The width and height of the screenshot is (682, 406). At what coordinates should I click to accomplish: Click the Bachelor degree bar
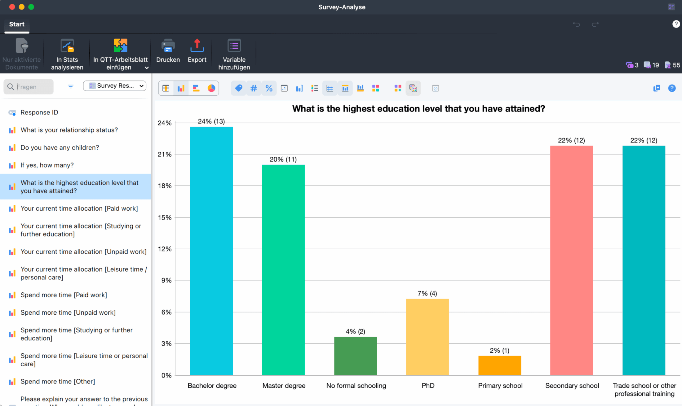(211, 251)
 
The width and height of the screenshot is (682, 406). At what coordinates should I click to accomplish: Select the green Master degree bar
(283, 269)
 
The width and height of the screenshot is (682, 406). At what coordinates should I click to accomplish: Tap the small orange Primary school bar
(499, 365)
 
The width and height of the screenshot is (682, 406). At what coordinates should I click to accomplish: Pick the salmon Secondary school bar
(571, 260)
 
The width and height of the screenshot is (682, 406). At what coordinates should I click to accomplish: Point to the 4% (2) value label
(355, 331)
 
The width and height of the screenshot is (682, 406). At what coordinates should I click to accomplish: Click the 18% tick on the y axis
(165, 186)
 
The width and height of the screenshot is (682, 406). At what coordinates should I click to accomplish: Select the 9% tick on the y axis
(166, 280)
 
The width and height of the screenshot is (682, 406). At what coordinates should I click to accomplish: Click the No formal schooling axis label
(356, 386)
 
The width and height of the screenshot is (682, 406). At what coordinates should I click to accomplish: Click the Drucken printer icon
(168, 46)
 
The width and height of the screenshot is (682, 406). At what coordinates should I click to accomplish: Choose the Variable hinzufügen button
(234, 54)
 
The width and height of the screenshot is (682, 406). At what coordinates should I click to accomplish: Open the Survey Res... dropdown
(115, 86)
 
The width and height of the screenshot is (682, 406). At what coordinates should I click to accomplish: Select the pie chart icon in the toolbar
(211, 88)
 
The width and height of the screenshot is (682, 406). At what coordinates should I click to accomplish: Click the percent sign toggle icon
(269, 88)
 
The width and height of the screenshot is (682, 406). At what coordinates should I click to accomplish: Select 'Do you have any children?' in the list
(60, 147)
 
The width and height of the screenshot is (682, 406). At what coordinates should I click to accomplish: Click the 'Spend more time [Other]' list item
(58, 382)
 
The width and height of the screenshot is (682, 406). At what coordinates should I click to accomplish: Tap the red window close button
(12, 7)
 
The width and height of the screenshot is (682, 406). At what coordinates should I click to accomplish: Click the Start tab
(17, 24)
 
